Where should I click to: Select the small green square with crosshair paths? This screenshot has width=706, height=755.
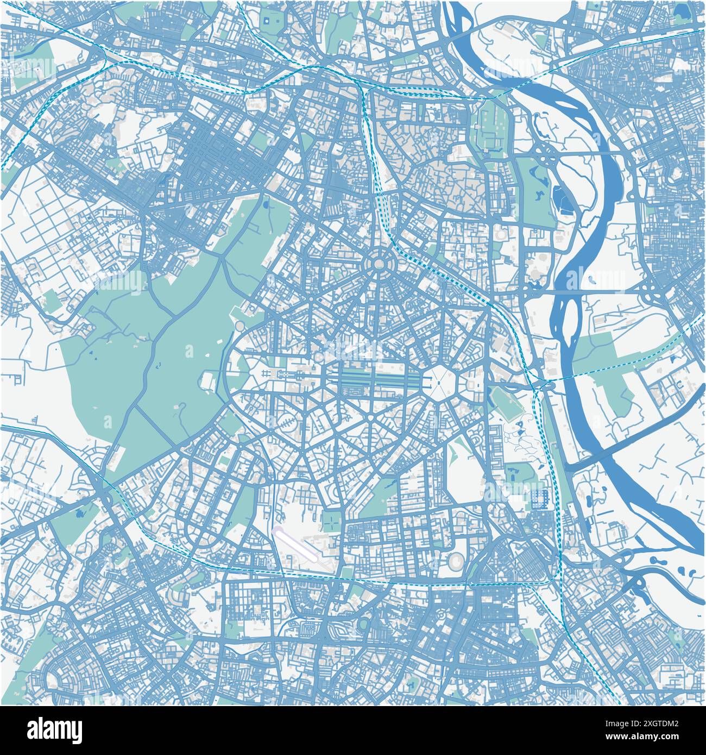click(x=330, y=521)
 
